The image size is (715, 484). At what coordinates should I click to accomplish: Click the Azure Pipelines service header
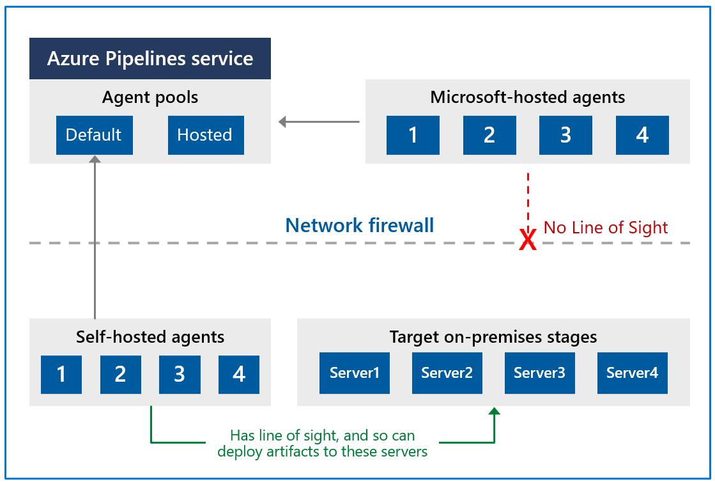150,59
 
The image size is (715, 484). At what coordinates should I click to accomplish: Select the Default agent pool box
94,135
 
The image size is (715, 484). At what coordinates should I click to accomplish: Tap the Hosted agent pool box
205,135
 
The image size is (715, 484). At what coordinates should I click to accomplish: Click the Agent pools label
150,97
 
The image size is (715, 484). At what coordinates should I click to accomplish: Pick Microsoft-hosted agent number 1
413,135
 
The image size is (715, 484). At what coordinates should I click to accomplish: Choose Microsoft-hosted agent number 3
565,135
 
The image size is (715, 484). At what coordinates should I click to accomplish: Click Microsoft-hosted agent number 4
642,135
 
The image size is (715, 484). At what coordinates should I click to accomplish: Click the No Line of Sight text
606,228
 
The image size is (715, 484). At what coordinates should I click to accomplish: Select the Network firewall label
360,225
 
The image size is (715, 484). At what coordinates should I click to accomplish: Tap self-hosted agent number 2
120,374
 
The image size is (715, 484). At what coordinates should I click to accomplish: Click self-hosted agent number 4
239,374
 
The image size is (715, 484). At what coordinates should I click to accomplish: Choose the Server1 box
355,373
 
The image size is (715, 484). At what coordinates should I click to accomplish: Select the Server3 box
539,373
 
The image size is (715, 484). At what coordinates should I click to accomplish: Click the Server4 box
632,373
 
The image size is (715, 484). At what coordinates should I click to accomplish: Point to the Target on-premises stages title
493,337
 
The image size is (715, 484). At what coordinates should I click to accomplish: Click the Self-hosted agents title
150,337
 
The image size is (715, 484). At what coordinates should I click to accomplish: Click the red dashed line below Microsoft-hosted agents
528,198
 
